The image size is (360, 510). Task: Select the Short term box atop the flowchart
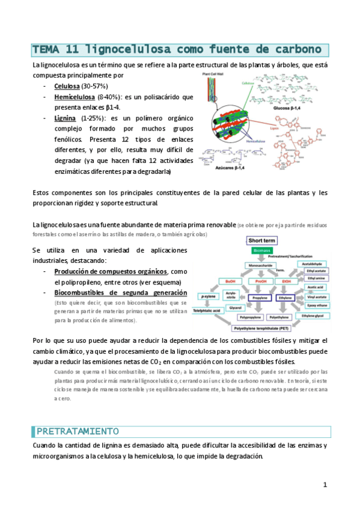click(262, 241)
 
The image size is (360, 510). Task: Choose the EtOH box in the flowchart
click(286, 280)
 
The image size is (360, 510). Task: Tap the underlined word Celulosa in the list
click(67, 87)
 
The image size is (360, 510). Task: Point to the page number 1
click(325, 484)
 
